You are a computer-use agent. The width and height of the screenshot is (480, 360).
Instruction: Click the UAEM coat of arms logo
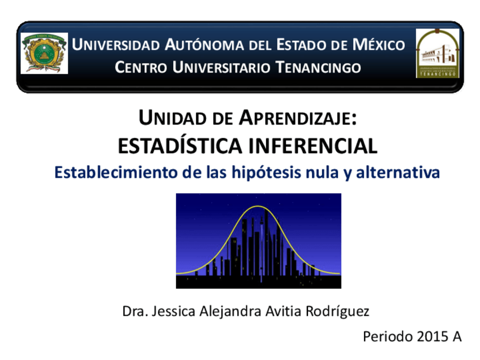pos(44,53)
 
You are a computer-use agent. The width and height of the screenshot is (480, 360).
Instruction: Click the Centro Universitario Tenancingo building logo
pos(438,53)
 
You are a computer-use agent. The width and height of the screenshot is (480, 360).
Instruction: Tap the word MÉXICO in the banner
pos(379,45)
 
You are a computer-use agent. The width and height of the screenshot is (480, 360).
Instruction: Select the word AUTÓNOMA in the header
pos(204,45)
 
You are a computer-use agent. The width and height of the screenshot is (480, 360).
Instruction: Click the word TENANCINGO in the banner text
pos(318,67)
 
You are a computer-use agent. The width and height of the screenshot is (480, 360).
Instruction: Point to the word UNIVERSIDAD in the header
pos(116,45)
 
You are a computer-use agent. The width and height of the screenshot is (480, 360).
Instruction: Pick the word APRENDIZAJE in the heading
pos(298,118)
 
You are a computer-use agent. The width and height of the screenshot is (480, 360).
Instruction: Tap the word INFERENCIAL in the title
pos(313,146)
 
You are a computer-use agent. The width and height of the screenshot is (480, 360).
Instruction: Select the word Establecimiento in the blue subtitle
pos(116,172)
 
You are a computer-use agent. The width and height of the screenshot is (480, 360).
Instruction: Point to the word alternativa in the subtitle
pos(398,172)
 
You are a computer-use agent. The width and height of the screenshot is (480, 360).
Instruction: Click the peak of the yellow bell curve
pos(258,207)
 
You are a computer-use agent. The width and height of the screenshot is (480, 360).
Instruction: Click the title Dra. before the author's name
pos(135,311)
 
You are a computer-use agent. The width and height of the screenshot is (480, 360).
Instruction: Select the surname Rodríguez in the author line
pos(337,312)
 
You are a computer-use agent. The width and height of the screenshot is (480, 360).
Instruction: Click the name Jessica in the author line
pos(173,311)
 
